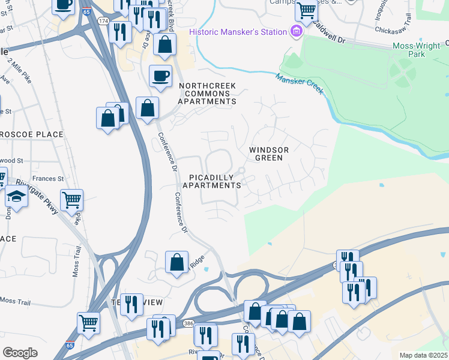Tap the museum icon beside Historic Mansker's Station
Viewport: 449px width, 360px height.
[296, 32]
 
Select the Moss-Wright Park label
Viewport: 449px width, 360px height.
[417, 50]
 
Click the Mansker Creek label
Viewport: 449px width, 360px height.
[300, 83]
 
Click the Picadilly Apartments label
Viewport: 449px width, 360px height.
[215, 181]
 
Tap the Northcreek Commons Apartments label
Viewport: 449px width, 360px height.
[207, 94]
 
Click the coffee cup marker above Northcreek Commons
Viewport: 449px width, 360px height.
[160, 76]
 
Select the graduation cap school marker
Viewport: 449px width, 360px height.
[16, 197]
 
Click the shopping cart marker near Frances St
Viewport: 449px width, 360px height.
[71, 199]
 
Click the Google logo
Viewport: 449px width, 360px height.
[20, 352]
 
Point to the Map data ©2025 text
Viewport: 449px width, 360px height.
[423, 355]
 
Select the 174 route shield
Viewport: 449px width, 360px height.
[104, 21]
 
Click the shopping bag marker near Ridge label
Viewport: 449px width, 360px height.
[176, 262]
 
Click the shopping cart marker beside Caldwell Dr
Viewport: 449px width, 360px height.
[306, 10]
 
